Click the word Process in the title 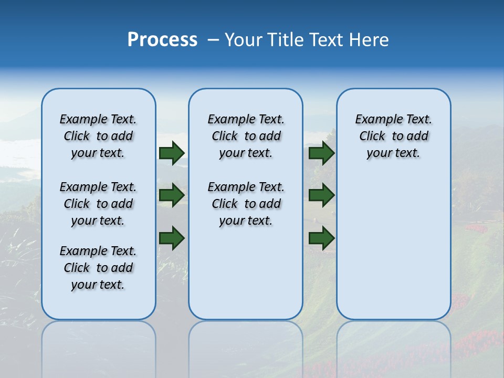pyautogui.click(x=162, y=40)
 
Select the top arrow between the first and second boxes pyautogui.click(x=171, y=153)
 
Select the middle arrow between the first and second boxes pyautogui.click(x=171, y=195)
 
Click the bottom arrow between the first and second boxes pyautogui.click(x=171, y=238)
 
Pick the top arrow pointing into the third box pyautogui.click(x=321, y=153)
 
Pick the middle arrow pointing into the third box pyautogui.click(x=321, y=195)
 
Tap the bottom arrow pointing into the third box pyautogui.click(x=321, y=238)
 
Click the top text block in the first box pyautogui.click(x=98, y=136)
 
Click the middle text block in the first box pyautogui.click(x=98, y=204)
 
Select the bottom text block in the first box pyautogui.click(x=98, y=268)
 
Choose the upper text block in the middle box pyautogui.click(x=246, y=136)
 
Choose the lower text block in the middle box pyautogui.click(x=246, y=204)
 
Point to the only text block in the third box pyautogui.click(x=393, y=136)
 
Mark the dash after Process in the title pyautogui.click(x=214, y=40)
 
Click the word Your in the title pyautogui.click(x=243, y=40)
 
